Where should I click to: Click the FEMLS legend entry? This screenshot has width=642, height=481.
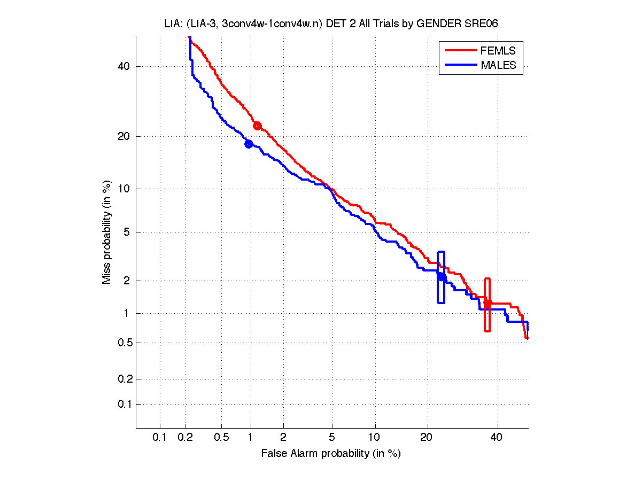498,51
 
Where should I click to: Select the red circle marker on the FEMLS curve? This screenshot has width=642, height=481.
257,126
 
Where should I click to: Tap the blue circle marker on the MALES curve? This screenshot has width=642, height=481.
249,144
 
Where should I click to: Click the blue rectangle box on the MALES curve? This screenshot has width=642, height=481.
441,277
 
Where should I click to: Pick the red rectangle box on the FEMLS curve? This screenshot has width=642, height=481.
487,304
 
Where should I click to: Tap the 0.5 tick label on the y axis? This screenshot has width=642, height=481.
123,343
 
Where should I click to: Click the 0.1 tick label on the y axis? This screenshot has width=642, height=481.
123,404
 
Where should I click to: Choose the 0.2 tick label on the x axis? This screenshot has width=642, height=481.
185,438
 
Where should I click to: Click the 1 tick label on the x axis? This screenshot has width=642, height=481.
251,438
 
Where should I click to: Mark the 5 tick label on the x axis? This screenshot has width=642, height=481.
332,438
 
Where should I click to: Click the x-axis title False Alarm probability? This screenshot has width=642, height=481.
331,454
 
